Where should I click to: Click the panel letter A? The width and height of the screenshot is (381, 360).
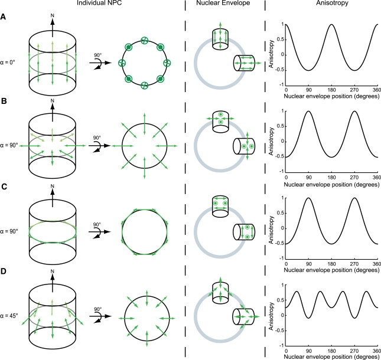point(5,17)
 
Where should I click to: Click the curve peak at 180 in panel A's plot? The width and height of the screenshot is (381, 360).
point(331,25)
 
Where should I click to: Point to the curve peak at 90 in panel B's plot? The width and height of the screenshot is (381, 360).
point(308,112)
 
